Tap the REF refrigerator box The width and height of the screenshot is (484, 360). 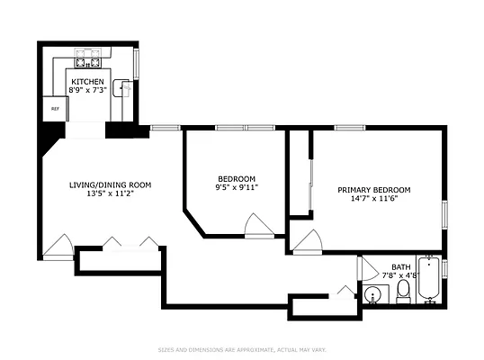click(53, 107)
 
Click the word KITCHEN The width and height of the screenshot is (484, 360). click(87, 81)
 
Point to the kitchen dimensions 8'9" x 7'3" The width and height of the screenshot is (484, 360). click(87, 90)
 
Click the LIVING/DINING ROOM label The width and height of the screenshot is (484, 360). click(111, 184)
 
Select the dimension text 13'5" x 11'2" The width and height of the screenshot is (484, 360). click(111, 193)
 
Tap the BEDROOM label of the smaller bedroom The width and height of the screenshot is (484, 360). click(236, 178)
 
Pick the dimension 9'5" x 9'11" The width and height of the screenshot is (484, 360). click(236, 187)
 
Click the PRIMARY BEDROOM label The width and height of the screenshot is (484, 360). click(373, 190)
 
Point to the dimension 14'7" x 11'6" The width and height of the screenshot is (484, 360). click(373, 199)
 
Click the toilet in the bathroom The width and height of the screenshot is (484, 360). click(403, 290)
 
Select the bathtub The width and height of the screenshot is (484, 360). click(431, 281)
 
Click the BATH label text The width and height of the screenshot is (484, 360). click(400, 267)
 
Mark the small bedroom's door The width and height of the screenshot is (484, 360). click(258, 225)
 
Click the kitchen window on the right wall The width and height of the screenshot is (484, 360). click(137, 63)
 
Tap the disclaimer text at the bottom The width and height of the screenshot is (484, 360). click(242, 349)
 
